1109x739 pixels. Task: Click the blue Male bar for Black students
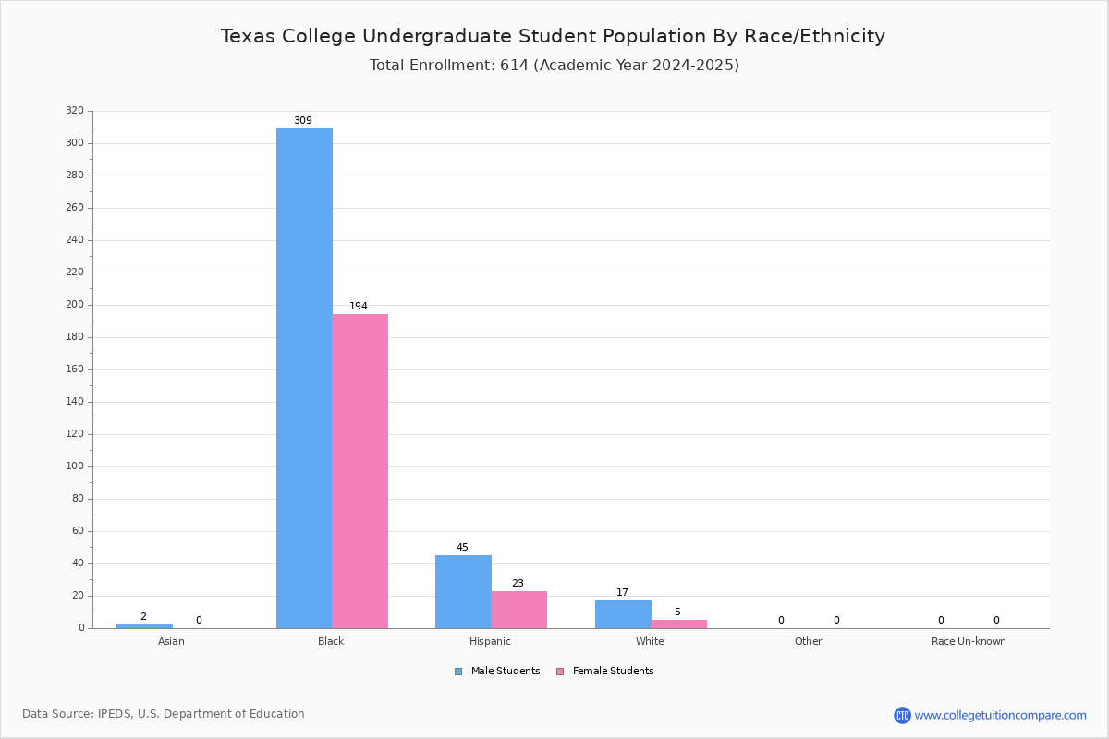pos(304,378)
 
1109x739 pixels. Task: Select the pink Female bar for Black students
pos(360,471)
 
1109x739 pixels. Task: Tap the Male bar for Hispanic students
pos(463,591)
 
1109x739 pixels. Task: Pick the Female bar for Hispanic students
pos(519,610)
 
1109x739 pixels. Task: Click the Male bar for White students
pos(623,614)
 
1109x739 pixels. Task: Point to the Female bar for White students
pos(678,624)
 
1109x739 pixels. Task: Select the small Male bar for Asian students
pos(144,626)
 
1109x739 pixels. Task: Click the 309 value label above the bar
pos(303,121)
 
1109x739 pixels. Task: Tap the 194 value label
pos(359,307)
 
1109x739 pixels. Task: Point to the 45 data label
pos(462,548)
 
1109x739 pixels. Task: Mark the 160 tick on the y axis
pos(75,369)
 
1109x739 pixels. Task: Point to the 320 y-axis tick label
pos(75,111)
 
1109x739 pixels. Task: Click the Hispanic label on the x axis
pos(490,641)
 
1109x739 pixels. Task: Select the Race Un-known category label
pos(969,641)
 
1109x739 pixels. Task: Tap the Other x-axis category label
pos(808,641)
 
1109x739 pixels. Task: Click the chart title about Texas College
pos(553,36)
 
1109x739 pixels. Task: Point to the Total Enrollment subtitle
pos(554,65)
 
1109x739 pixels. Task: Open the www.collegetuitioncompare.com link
pos(1000,715)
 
